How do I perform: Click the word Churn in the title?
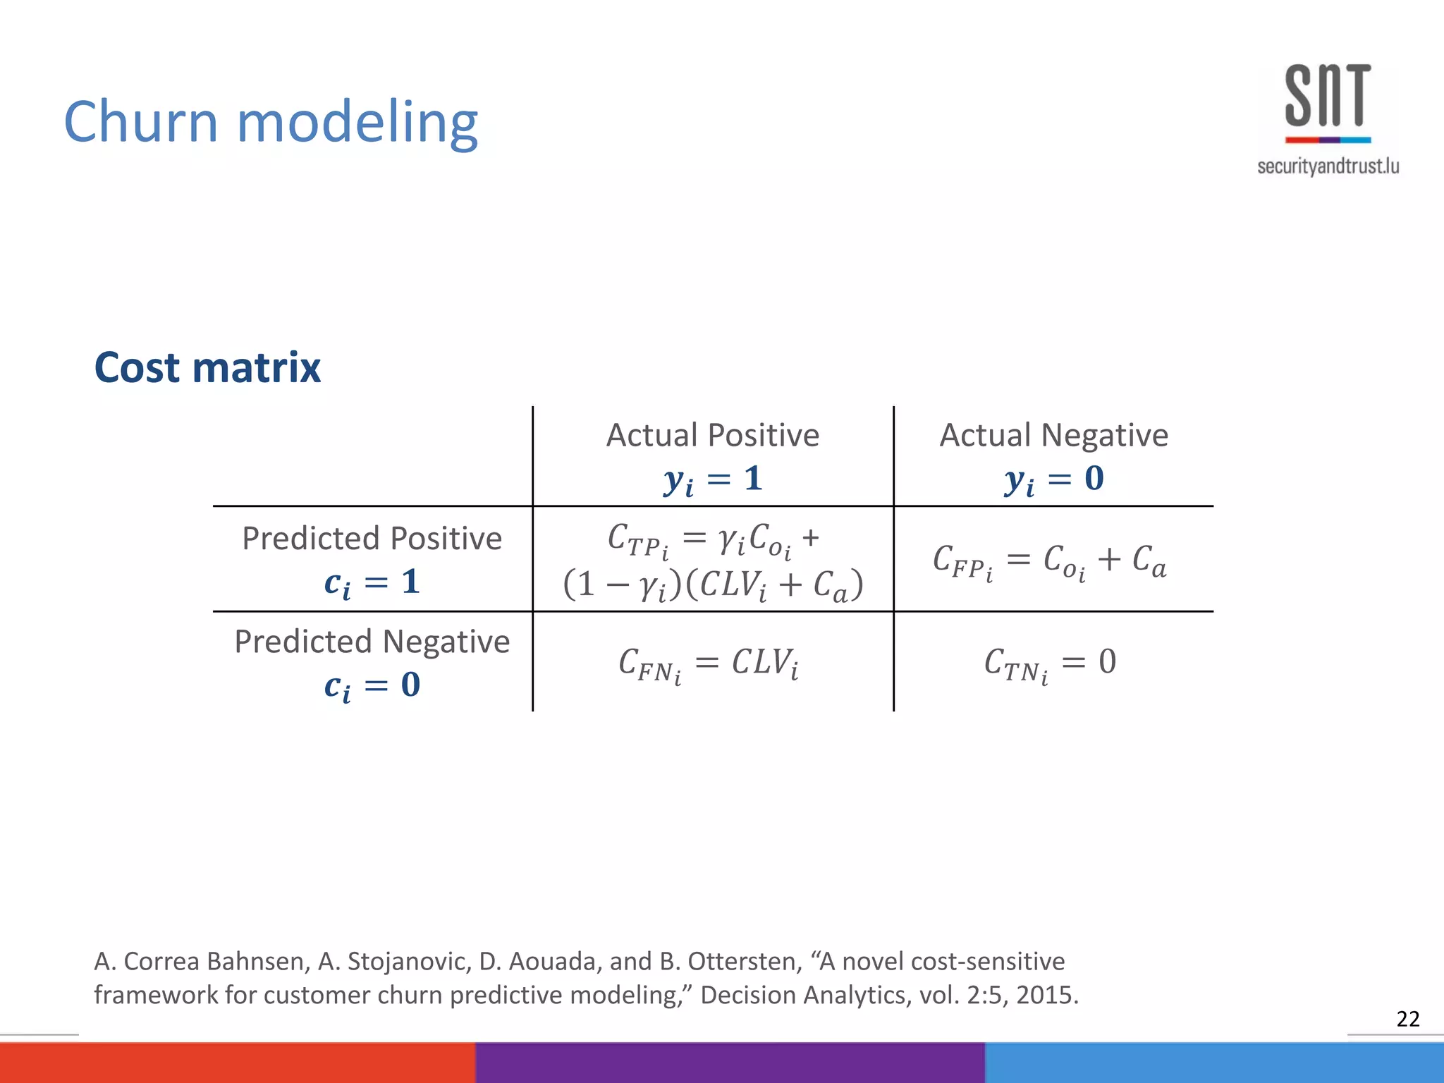click(140, 122)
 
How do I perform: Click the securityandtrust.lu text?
click(1328, 166)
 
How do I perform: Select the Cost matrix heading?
click(207, 367)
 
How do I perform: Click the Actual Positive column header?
click(712, 435)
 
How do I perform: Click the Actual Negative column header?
click(1053, 435)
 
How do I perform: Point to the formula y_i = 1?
click(712, 479)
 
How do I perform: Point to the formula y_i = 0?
click(1053, 479)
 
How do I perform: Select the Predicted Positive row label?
click(372, 538)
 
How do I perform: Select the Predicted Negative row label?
click(372, 642)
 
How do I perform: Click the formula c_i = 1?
click(372, 583)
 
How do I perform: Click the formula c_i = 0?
click(372, 685)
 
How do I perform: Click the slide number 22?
click(1407, 1019)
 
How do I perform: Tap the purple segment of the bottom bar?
click(730, 1062)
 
